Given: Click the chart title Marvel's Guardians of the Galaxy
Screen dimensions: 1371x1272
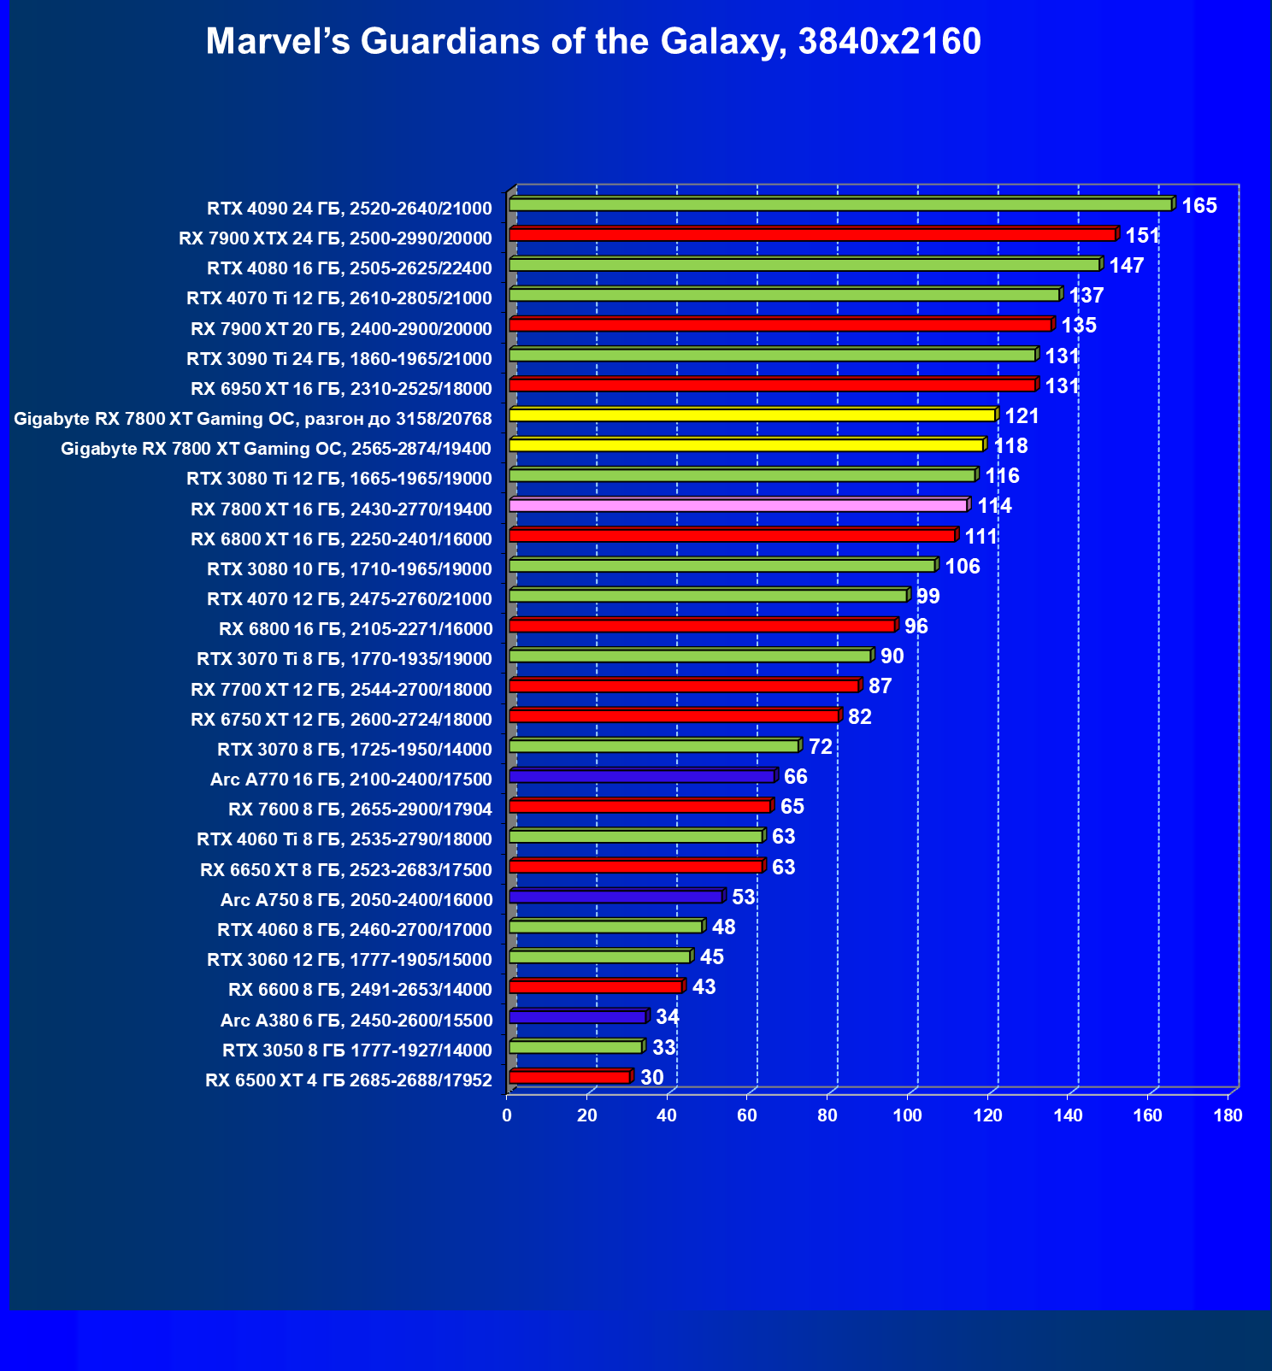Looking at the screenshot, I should pyautogui.click(x=593, y=41).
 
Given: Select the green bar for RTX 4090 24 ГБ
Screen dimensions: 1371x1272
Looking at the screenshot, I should pyautogui.click(x=839, y=205).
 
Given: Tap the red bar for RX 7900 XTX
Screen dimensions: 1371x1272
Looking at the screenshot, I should pyautogui.click(x=812, y=235).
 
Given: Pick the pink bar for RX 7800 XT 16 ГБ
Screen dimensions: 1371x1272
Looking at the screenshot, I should pyautogui.click(x=738, y=505).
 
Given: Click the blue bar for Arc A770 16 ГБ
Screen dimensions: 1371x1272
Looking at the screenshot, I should pyautogui.click(x=641, y=776).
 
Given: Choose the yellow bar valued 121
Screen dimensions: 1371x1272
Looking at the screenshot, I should pyautogui.click(x=752, y=415).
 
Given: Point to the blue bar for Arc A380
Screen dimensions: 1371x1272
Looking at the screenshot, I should pyautogui.click(x=577, y=1017).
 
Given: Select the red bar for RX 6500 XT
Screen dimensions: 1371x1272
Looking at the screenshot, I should pyautogui.click(x=569, y=1077).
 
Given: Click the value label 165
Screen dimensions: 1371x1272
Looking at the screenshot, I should pyautogui.click(x=1198, y=206).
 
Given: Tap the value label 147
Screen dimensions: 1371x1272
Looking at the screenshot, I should pyautogui.click(x=1126, y=266).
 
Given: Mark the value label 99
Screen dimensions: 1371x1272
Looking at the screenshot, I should pyautogui.click(x=927, y=597).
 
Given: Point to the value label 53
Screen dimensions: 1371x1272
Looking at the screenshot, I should pyautogui.click(x=743, y=897).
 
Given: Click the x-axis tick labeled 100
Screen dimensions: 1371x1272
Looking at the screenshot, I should pyautogui.click(x=907, y=1115).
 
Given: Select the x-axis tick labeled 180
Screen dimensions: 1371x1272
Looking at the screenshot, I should pyautogui.click(x=1228, y=1115).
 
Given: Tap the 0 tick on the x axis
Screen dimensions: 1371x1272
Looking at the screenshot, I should pyautogui.click(x=507, y=1115).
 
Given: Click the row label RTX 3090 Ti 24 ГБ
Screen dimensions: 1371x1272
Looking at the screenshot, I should pyautogui.click(x=339, y=359).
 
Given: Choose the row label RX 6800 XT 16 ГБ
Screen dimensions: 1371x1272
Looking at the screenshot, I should pyautogui.click(x=341, y=539).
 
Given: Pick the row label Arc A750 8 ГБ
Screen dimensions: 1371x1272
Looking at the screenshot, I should pyautogui.click(x=356, y=900).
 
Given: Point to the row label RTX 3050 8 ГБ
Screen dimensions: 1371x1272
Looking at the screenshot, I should pyautogui.click(x=356, y=1050).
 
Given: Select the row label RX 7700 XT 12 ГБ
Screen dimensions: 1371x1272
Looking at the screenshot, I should pyautogui.click(x=341, y=690).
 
